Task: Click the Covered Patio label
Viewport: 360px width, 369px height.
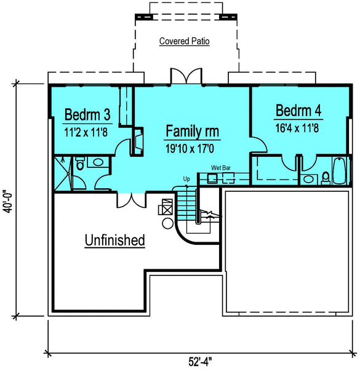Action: click(185, 42)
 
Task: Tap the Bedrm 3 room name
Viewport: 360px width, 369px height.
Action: click(87, 114)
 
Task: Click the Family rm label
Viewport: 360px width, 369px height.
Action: click(193, 132)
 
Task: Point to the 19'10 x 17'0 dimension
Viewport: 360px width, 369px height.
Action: click(193, 148)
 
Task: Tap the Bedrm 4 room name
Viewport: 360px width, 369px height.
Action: click(298, 111)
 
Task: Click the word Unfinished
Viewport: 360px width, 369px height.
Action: click(114, 240)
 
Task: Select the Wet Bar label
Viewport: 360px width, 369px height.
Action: click(221, 167)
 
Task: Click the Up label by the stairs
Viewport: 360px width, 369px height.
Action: click(186, 179)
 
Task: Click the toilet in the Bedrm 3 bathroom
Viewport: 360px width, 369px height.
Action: click(79, 164)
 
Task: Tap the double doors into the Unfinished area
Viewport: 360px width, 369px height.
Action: click(130, 200)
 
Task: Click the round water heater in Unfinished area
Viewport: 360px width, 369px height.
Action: click(167, 224)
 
